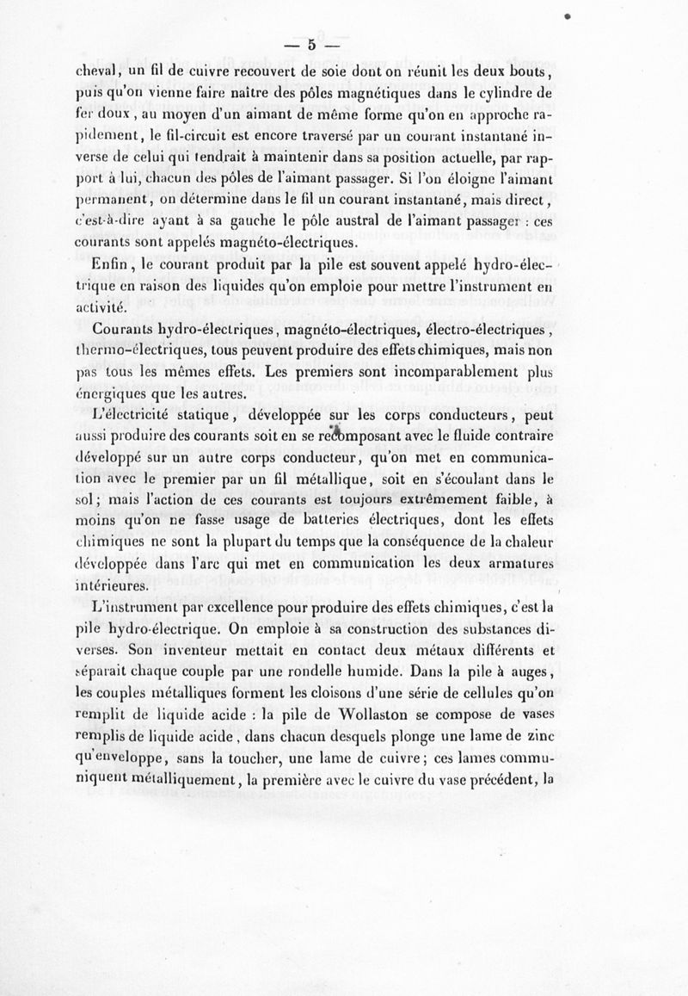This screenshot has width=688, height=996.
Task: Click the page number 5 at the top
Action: point(312,45)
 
